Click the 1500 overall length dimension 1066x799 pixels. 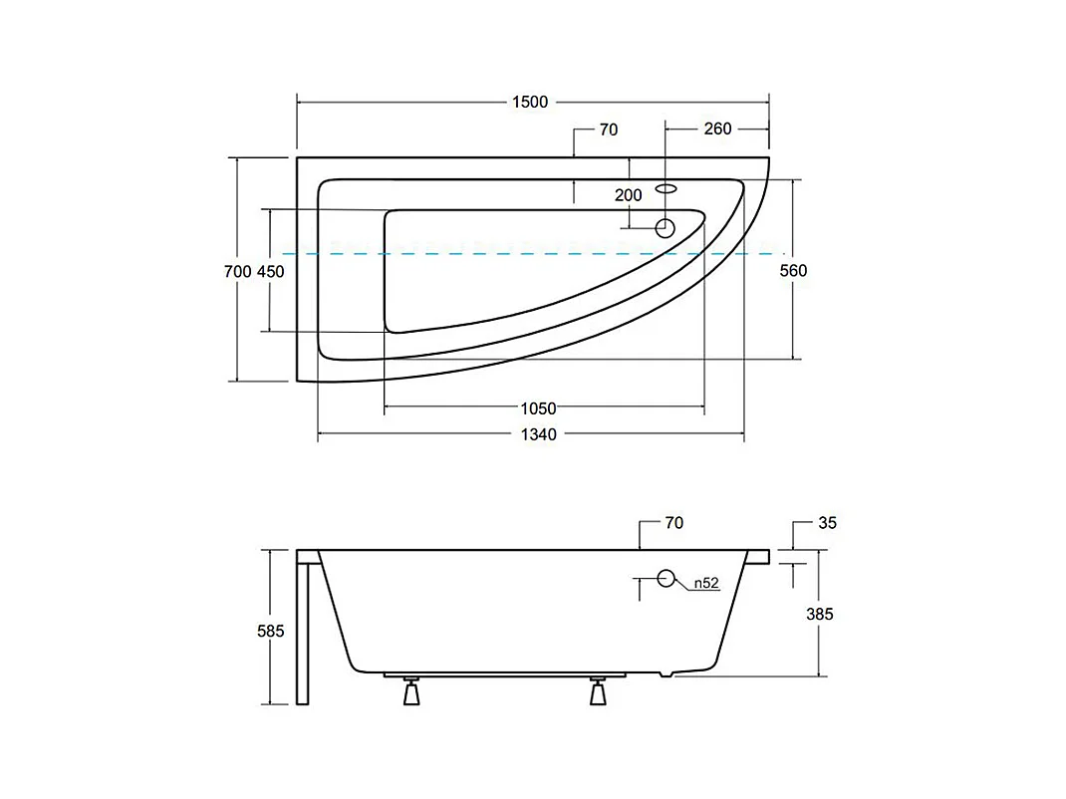pyautogui.click(x=530, y=102)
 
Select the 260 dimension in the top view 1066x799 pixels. pyautogui.click(x=717, y=129)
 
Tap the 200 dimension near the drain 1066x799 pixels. pyautogui.click(x=629, y=195)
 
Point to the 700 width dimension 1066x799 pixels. pyautogui.click(x=237, y=271)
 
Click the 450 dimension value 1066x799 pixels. pyautogui.click(x=271, y=271)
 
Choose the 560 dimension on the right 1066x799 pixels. pyautogui.click(x=793, y=271)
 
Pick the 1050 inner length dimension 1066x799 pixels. pyautogui.click(x=538, y=408)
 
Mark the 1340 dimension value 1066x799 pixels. pyautogui.click(x=538, y=434)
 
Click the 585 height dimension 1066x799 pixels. pyautogui.click(x=271, y=631)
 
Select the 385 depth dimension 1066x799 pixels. pyautogui.click(x=819, y=614)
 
